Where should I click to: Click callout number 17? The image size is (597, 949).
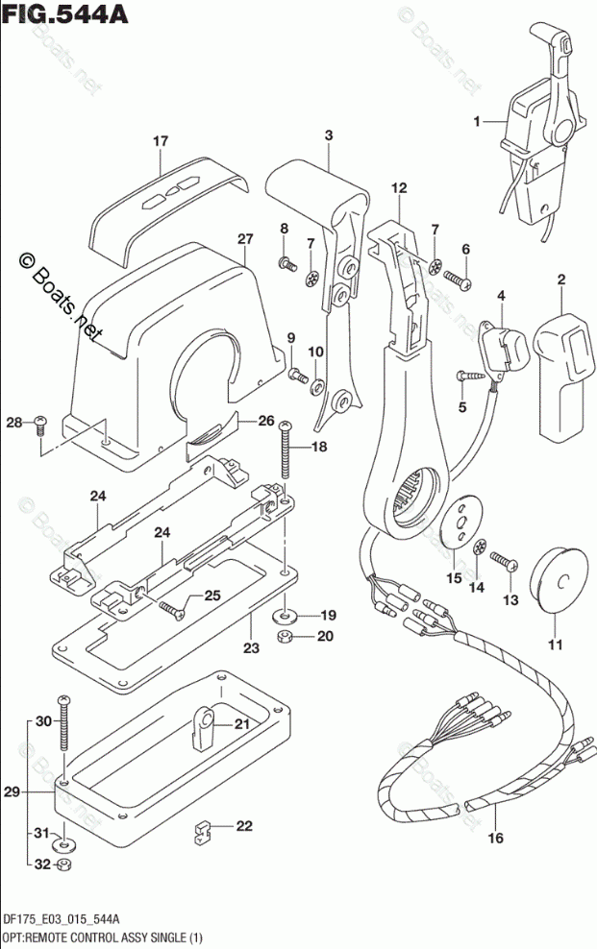(x=160, y=141)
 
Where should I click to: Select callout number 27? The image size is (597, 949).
(x=245, y=239)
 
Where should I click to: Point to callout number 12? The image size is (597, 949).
(x=399, y=187)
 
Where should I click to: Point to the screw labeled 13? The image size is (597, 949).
(x=503, y=560)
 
